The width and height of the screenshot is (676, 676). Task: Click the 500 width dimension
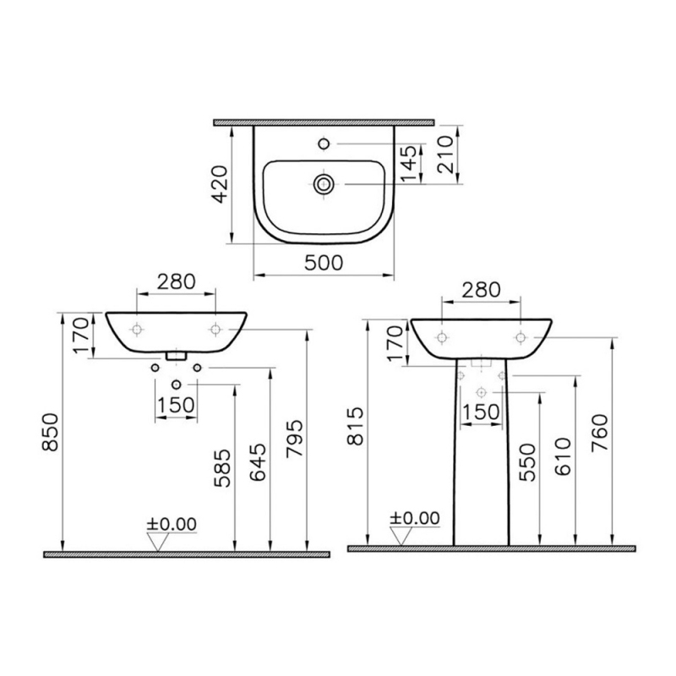(324, 263)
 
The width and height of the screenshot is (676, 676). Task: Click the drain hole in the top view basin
(323, 183)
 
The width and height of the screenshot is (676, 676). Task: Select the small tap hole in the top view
(324, 143)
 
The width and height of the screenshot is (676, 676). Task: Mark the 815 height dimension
(356, 431)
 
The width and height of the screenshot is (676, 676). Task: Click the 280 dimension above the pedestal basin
(480, 290)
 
